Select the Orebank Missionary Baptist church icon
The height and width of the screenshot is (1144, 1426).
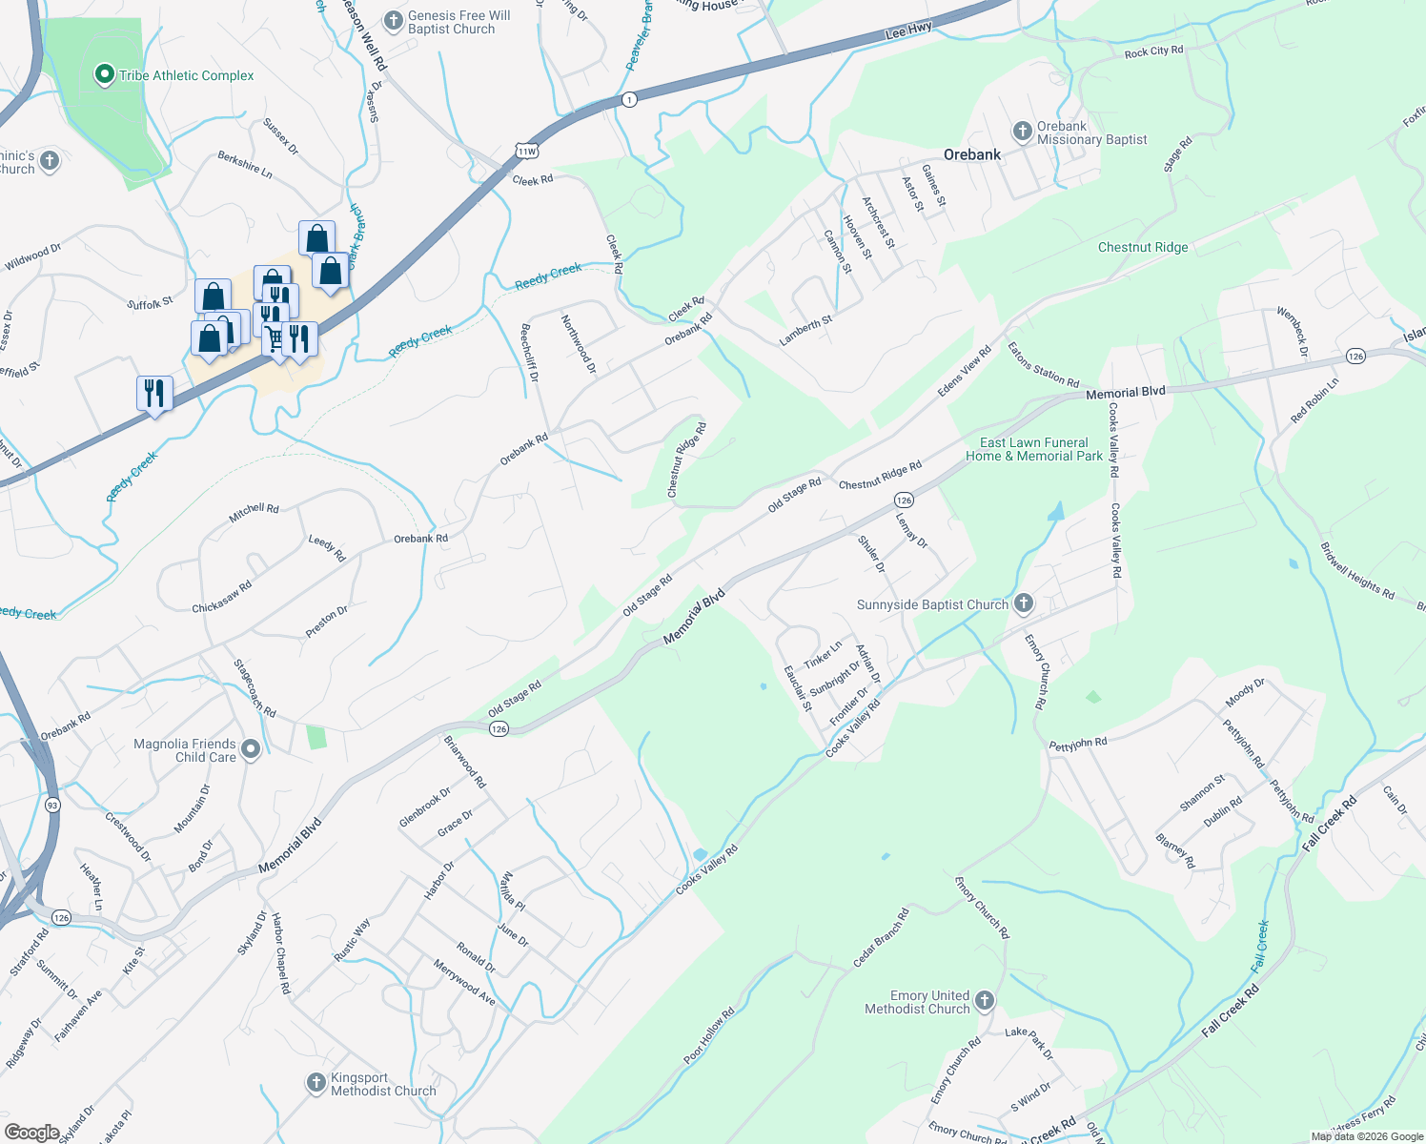pyautogui.click(x=1022, y=132)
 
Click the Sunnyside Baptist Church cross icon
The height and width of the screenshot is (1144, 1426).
pyautogui.click(x=1023, y=603)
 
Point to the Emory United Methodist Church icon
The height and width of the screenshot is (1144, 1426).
pyautogui.click(x=985, y=1001)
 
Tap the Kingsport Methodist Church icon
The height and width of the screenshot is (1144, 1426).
pyautogui.click(x=316, y=1083)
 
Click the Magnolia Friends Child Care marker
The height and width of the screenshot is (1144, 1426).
pyautogui.click(x=251, y=749)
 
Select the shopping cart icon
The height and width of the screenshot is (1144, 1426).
pyautogui.click(x=275, y=338)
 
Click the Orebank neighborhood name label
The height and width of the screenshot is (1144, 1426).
pyautogui.click(x=972, y=154)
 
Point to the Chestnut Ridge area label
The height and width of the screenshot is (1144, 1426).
pyautogui.click(x=1143, y=247)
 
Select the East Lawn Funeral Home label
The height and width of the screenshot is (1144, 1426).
pyautogui.click(x=1034, y=449)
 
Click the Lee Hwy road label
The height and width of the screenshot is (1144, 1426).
pyautogui.click(x=908, y=31)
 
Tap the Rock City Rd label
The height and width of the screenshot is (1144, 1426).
pyautogui.click(x=1153, y=51)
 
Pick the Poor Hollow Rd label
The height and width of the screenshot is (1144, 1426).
pyautogui.click(x=709, y=1035)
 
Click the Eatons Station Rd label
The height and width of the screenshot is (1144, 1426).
pyautogui.click(x=1043, y=365)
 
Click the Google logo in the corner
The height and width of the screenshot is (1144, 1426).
pyautogui.click(x=32, y=1133)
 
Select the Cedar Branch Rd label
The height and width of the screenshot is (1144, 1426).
pyautogui.click(x=881, y=938)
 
